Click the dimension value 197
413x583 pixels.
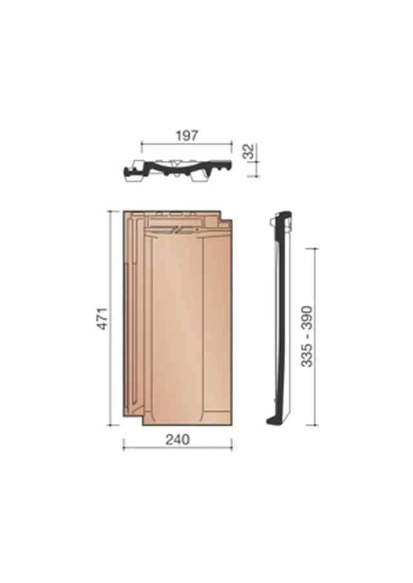[187, 136]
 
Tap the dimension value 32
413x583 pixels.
[249, 151]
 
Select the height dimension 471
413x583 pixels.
[103, 318]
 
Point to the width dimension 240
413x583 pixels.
[177, 440]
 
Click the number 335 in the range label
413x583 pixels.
[307, 356]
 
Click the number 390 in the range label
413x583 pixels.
[307, 317]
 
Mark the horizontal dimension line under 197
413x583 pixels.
[186, 143]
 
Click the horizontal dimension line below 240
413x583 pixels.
[177, 448]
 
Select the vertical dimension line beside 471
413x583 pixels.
[110, 318]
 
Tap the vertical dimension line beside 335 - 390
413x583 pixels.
[315, 337]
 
